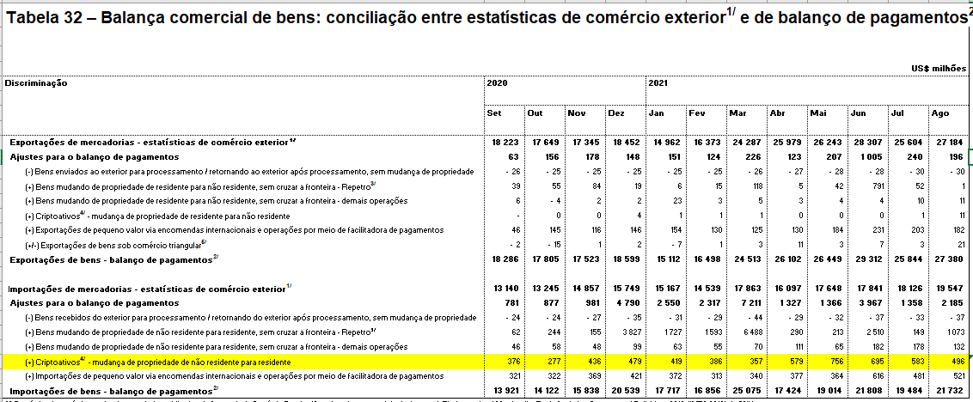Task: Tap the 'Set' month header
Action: tap(494, 113)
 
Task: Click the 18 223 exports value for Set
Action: tap(504, 142)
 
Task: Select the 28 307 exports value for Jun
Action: tap(867, 142)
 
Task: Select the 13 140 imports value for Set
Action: tap(504, 288)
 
